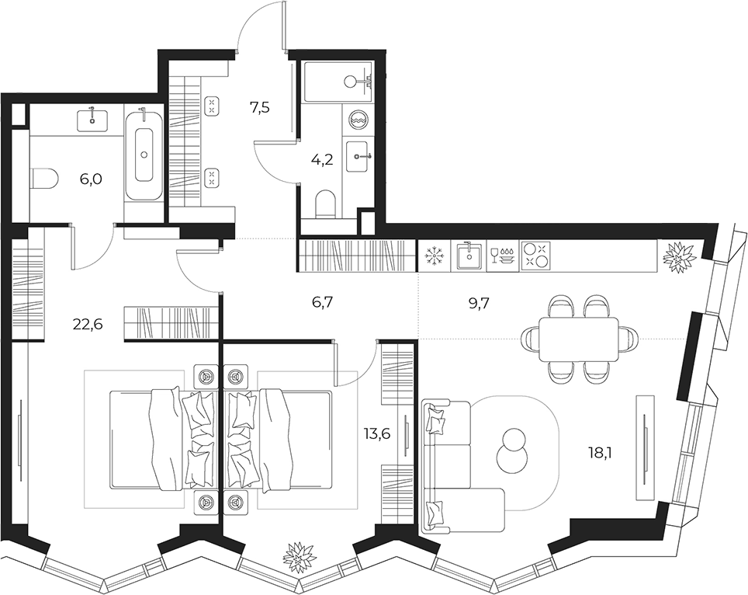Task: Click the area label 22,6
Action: [x=88, y=325]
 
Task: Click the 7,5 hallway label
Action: [x=259, y=107]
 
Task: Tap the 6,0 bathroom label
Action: [x=92, y=179]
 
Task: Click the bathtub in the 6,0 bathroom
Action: [x=144, y=154]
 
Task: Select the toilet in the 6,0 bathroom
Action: [x=44, y=179]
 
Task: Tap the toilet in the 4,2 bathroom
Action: [x=327, y=204]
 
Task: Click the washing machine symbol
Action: [x=357, y=120]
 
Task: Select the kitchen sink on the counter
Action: [x=469, y=255]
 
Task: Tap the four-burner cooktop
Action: [x=536, y=255]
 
